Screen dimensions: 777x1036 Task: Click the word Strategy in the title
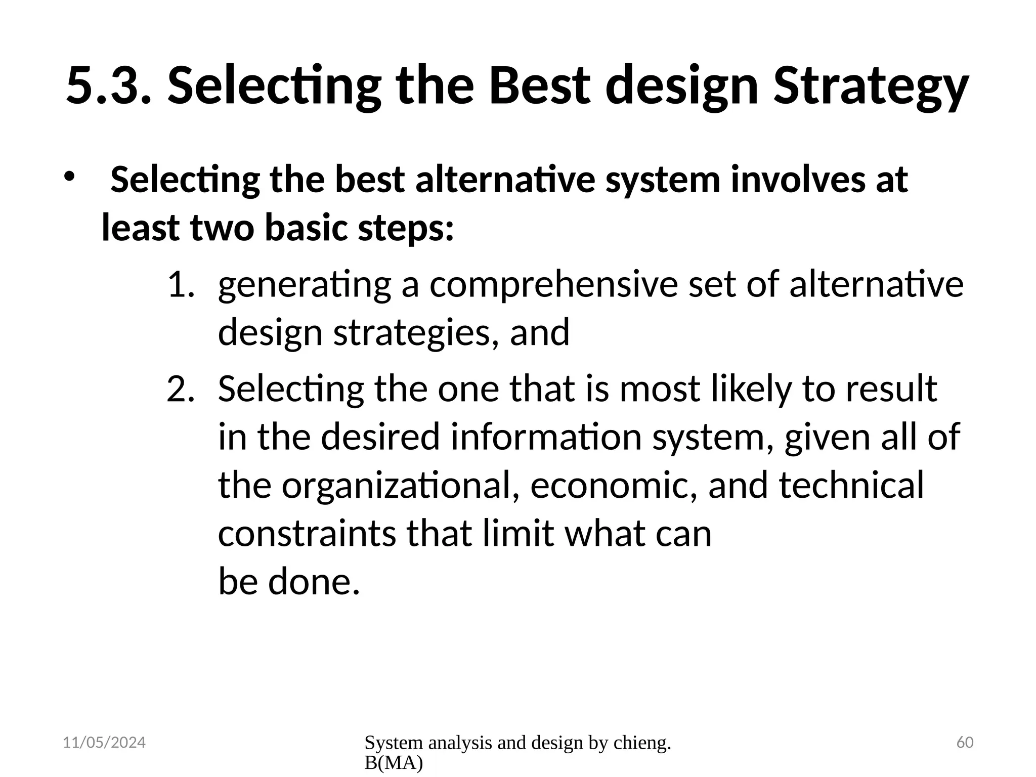coord(870,86)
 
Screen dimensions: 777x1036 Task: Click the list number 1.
coord(180,284)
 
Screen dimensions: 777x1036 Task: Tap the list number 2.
coord(180,390)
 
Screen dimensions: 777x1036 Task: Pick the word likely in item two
coord(751,390)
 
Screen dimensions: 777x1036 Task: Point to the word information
coord(546,437)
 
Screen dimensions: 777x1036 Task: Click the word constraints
coord(307,534)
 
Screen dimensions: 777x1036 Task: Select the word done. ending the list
coord(314,582)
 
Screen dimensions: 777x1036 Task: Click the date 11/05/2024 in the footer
coord(104,743)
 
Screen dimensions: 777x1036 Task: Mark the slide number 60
coord(965,743)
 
